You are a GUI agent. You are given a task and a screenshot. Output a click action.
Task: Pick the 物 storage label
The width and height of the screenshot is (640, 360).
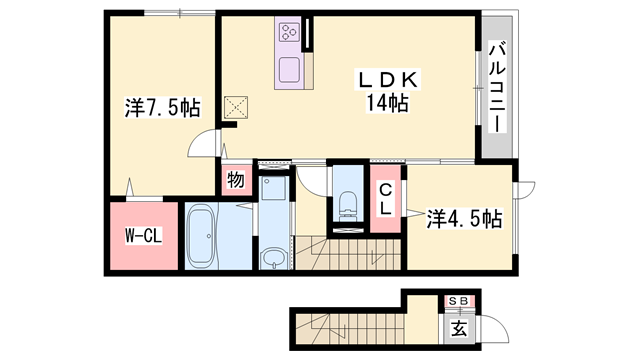click(235, 181)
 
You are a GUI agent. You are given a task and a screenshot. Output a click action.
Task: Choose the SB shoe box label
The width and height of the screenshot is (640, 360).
click(459, 300)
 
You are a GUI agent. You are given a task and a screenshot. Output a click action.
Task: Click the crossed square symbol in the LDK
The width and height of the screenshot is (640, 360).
click(237, 106)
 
